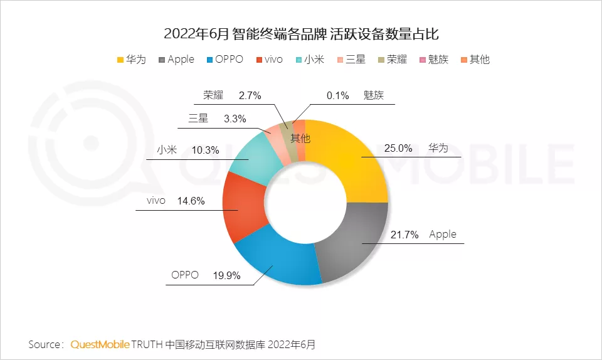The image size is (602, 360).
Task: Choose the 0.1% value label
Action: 337,96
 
